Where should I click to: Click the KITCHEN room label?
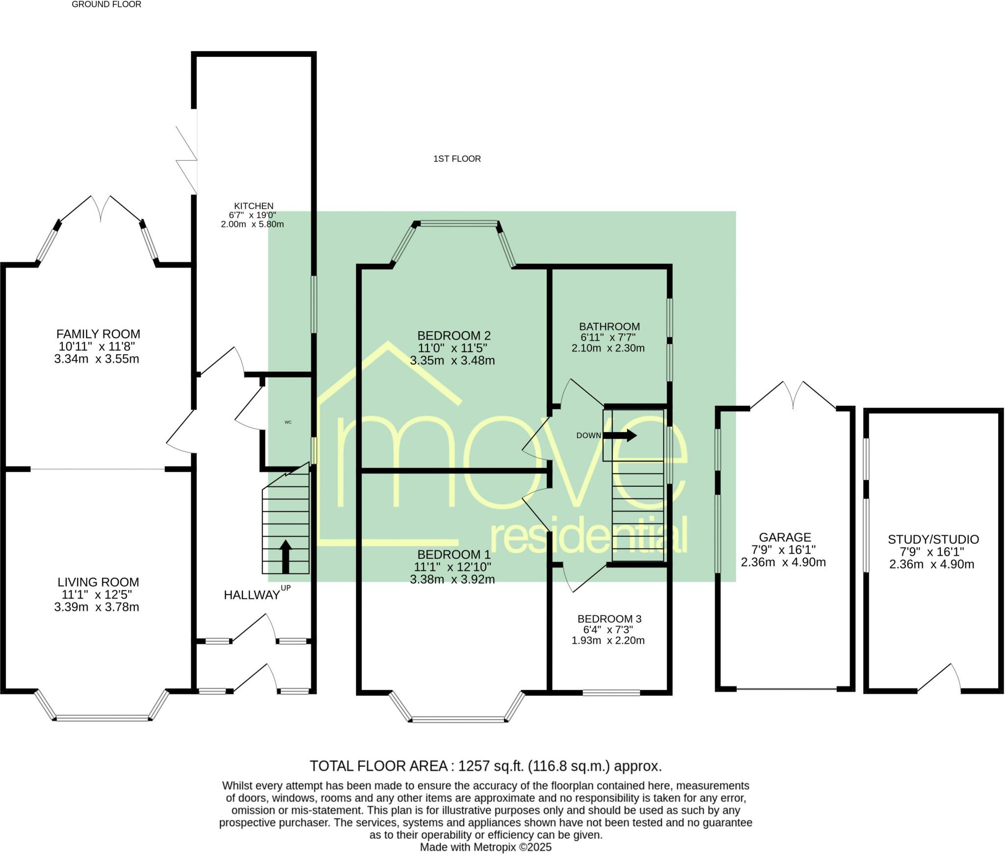pos(254,206)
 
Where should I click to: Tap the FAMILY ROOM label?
pos(98,334)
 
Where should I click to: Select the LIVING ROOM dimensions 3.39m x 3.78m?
pos(97,607)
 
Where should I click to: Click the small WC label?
pos(288,422)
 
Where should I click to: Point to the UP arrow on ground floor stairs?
pos(285,556)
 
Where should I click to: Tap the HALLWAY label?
pos(252,595)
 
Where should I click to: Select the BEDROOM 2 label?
pos(454,336)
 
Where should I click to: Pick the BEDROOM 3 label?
pos(609,619)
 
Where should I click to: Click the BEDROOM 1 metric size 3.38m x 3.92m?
pos(452,579)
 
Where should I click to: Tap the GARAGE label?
pos(785,537)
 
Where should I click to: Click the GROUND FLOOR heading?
pos(106,4)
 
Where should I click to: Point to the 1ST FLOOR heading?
pos(457,159)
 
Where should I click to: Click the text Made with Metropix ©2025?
pos(486,847)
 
